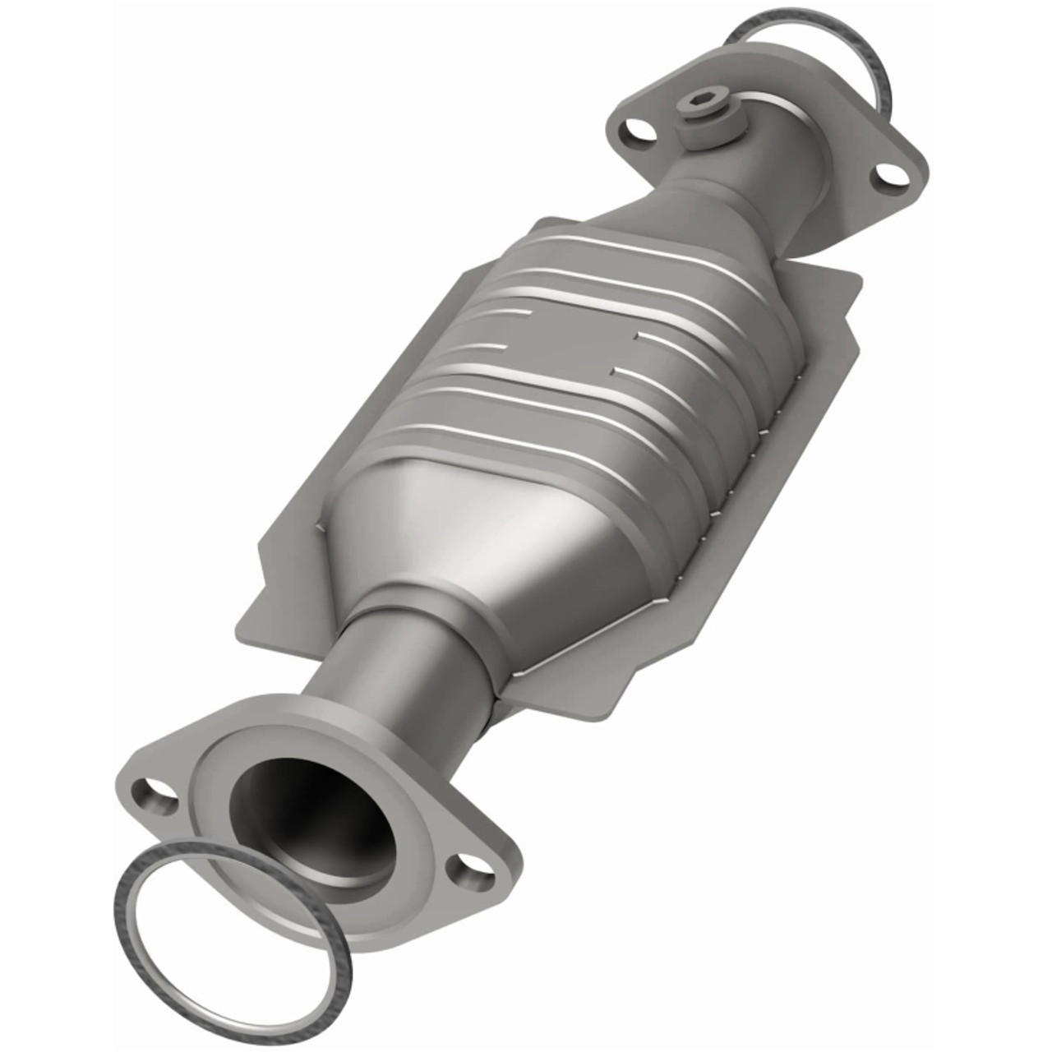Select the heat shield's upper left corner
tap(542, 222)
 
